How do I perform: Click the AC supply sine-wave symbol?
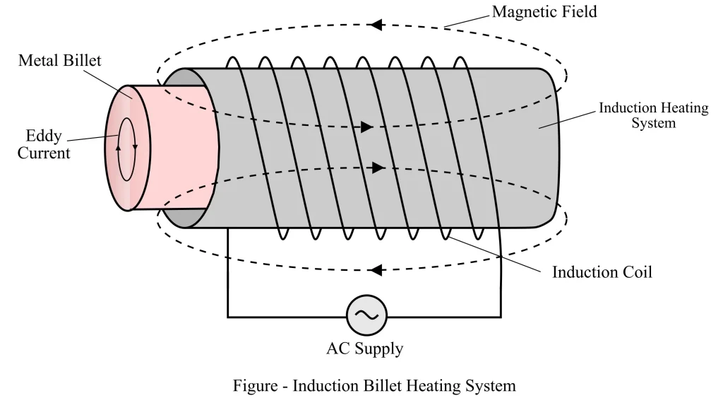click(366, 315)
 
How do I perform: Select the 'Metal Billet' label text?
click(59, 60)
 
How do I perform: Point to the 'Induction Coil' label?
click(602, 271)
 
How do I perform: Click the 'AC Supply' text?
click(364, 349)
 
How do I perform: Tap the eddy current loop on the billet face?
click(127, 149)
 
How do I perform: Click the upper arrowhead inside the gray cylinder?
click(366, 128)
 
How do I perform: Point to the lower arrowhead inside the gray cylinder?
click(378, 168)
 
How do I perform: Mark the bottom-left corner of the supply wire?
click(227, 315)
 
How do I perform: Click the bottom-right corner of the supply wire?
click(503, 315)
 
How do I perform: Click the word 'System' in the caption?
click(491, 386)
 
